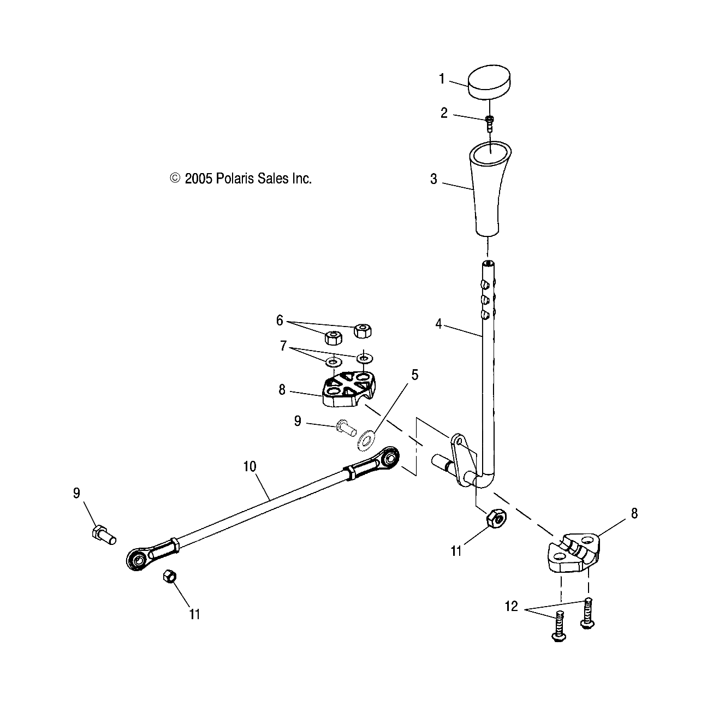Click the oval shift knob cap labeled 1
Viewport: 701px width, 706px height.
click(x=490, y=83)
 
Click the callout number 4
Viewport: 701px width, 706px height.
click(x=438, y=324)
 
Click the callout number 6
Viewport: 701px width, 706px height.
click(x=280, y=321)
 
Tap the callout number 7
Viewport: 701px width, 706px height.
click(x=283, y=346)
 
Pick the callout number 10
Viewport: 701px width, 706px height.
click(x=249, y=466)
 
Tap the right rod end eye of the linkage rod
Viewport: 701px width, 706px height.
click(x=390, y=457)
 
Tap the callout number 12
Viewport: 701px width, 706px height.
click(x=511, y=607)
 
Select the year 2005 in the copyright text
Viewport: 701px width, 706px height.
click(x=199, y=179)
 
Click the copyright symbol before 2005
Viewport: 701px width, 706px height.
click(x=175, y=178)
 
